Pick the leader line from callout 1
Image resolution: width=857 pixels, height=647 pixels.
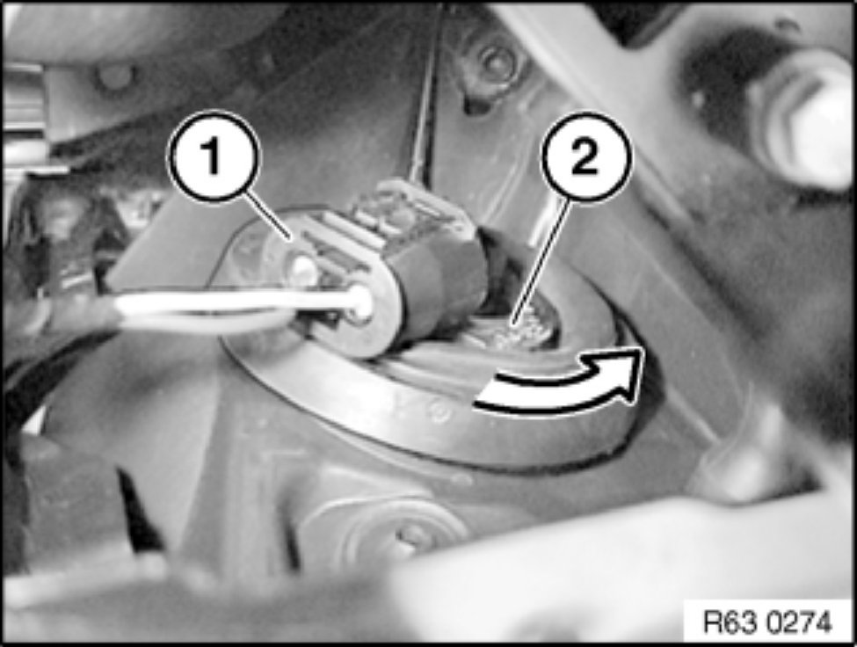pyautogui.click(x=268, y=218)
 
